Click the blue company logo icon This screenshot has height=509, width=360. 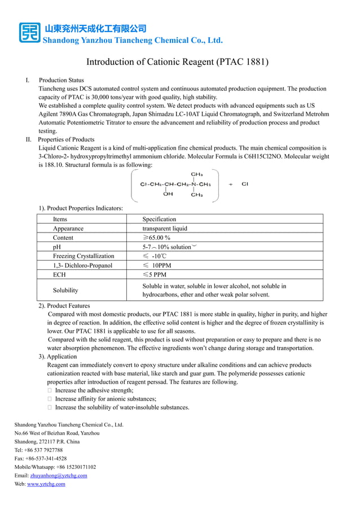[29, 33]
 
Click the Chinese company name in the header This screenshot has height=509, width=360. [95, 28]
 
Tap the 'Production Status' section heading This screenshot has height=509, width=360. [61, 81]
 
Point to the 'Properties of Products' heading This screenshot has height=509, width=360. [66, 139]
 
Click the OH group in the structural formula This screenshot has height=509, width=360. [168, 194]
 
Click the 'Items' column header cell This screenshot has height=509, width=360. [60, 219]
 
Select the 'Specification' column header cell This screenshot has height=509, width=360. [159, 219]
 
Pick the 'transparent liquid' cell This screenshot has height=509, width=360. [165, 229]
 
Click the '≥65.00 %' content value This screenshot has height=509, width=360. [156, 238]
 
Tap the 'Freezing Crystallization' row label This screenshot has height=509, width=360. [84, 256]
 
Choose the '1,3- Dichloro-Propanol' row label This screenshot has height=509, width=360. [82, 265]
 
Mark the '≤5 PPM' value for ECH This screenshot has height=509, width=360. [154, 275]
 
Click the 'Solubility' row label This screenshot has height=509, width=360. [65, 290]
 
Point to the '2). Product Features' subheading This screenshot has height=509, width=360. [64, 305]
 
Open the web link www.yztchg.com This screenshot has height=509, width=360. [46, 484]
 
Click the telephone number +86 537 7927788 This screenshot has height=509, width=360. [44, 450]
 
